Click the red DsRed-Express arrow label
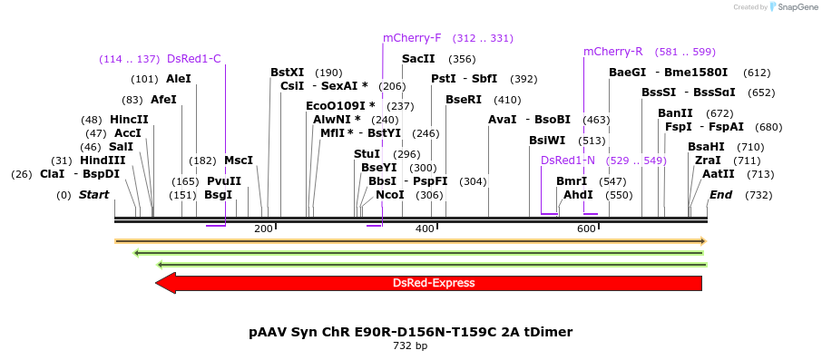click(433, 283)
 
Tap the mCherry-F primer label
click(412, 38)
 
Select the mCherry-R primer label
click(612, 51)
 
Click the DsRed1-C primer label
click(193, 59)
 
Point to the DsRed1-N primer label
click(568, 161)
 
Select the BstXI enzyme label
click(288, 73)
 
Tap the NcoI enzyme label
click(389, 195)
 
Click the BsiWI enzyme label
click(547, 141)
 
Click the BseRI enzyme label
click(464, 100)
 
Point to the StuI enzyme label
click(367, 154)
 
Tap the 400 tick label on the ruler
click(425, 229)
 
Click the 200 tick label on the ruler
click(263, 229)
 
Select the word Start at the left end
click(93, 195)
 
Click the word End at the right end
click(720, 195)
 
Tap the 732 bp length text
click(410, 346)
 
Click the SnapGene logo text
click(796, 7)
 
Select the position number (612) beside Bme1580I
click(757, 73)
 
